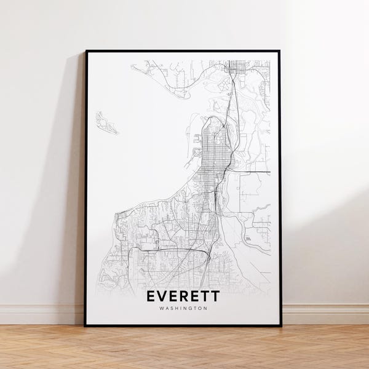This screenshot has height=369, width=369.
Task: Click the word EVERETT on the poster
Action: click(x=183, y=297)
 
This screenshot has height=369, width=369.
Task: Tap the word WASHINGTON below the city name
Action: click(x=183, y=309)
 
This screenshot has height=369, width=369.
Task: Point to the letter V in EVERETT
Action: click(x=163, y=297)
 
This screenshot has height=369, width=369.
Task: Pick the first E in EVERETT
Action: click(x=152, y=297)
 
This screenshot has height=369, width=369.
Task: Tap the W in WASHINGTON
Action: click(x=160, y=309)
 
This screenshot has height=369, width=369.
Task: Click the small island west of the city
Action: click(x=106, y=123)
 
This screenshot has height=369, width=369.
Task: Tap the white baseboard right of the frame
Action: click(x=326, y=314)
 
